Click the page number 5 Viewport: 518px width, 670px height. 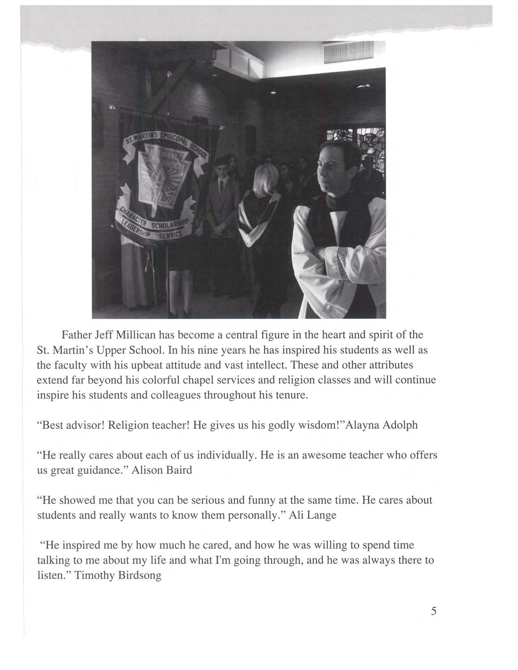(433, 611)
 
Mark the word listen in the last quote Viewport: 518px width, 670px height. (52, 575)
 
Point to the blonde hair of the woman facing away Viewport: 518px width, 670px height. (266, 179)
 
